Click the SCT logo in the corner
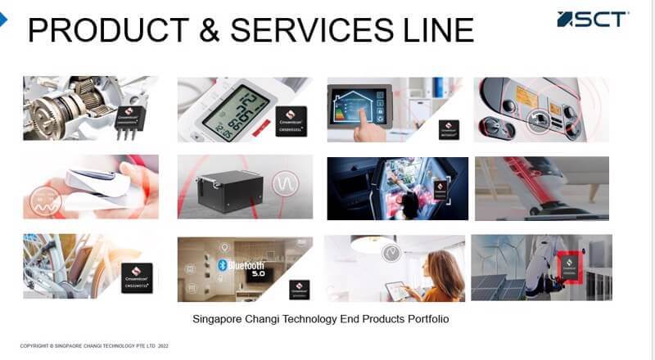pyautogui.click(x=593, y=19)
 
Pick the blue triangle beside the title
pyautogui.click(x=3, y=21)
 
